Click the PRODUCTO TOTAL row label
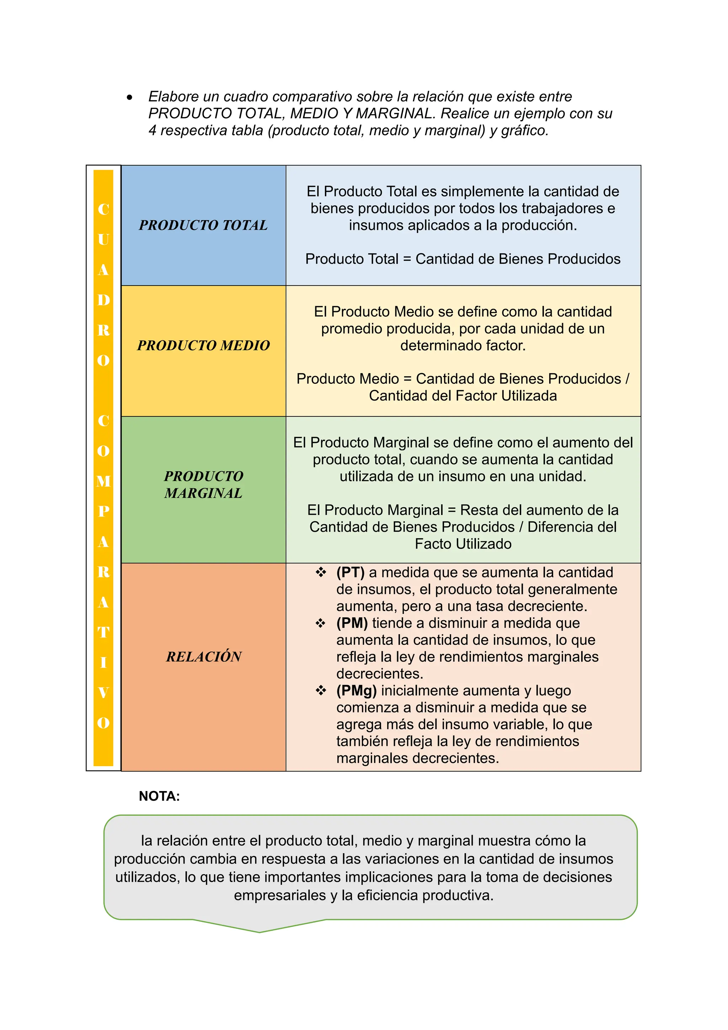click(x=203, y=225)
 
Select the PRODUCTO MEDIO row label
click(x=203, y=345)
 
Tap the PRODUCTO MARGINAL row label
click(x=203, y=484)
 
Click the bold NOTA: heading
click(x=159, y=796)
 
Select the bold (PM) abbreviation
click(x=352, y=623)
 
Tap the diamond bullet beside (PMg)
click(x=321, y=690)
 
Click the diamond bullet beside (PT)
click(x=321, y=572)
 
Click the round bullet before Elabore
click(x=129, y=97)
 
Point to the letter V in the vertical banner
click(x=103, y=692)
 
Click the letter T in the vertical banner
click(x=103, y=632)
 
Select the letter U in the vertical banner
click(x=103, y=240)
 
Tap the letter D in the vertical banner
click(x=103, y=300)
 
